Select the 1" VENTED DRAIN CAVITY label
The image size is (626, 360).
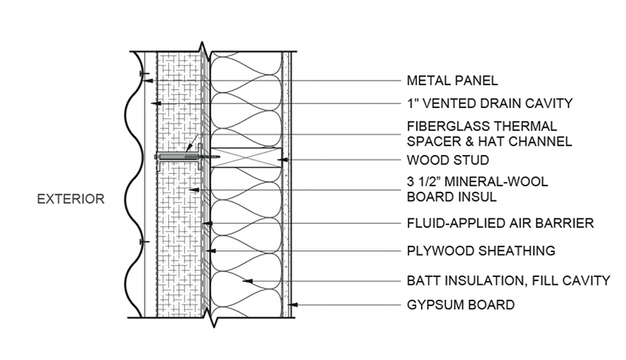point(490,103)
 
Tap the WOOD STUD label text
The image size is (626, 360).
point(448,160)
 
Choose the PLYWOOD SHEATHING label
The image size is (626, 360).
point(480,250)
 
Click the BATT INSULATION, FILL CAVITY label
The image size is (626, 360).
point(508,279)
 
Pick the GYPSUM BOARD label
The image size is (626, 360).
point(461,304)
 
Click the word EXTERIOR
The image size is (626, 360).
point(70,199)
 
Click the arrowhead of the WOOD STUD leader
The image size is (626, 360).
point(279,160)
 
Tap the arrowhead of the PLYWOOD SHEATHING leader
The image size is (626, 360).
point(211,250)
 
